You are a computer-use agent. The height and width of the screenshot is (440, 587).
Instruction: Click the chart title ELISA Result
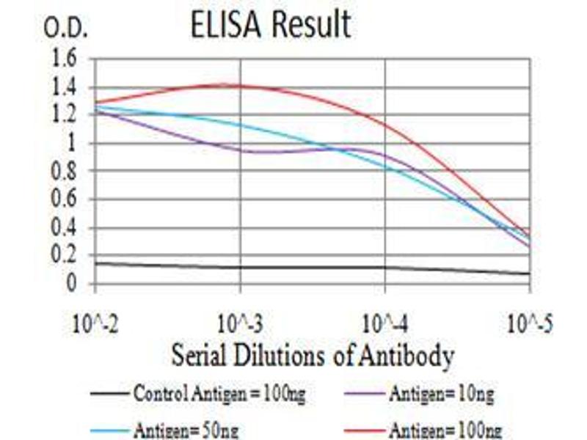coord(271,26)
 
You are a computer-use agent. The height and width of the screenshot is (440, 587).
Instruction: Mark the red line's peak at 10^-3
coord(241,85)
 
